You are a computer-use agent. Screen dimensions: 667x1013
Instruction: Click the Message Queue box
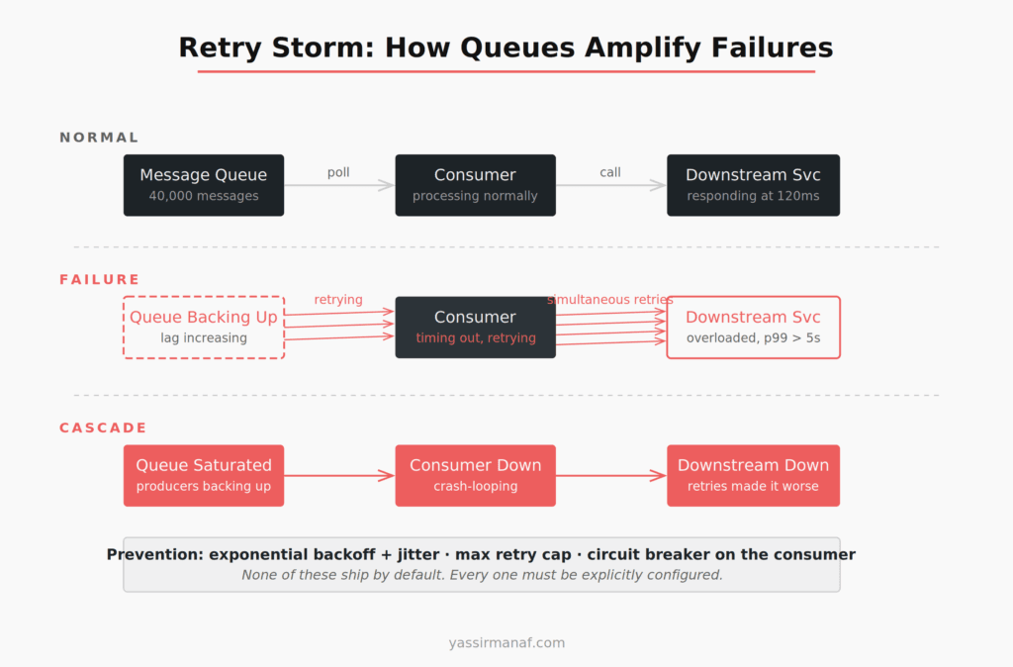click(203, 185)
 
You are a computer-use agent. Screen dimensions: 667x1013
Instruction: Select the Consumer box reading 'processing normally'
click(475, 185)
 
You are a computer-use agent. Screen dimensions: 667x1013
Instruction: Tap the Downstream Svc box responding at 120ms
click(753, 185)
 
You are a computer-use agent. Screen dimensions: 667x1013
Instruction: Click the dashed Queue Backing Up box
click(203, 327)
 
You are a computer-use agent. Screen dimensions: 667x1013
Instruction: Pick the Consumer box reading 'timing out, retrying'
click(475, 327)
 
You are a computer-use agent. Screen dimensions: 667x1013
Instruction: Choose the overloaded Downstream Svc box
click(753, 327)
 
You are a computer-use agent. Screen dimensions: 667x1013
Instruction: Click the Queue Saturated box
click(203, 475)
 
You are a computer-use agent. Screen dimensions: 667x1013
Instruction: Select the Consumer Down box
click(475, 475)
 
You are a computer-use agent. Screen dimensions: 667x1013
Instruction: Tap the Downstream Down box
click(753, 475)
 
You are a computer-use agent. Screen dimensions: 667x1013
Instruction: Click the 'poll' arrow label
click(338, 172)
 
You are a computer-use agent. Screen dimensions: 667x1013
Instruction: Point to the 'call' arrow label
click(610, 172)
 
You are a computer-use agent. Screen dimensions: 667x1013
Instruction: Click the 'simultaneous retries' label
click(609, 300)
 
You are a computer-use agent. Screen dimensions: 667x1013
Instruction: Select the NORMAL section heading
click(99, 138)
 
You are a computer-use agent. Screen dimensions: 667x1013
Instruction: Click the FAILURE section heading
click(99, 280)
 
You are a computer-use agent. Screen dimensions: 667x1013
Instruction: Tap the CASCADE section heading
click(103, 429)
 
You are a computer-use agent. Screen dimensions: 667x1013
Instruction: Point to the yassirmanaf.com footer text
click(506, 642)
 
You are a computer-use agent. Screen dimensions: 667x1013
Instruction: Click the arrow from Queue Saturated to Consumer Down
click(339, 476)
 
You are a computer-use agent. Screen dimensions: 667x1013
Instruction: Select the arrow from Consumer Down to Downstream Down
click(610, 476)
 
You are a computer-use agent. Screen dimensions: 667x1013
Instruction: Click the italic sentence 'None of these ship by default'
click(482, 575)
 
